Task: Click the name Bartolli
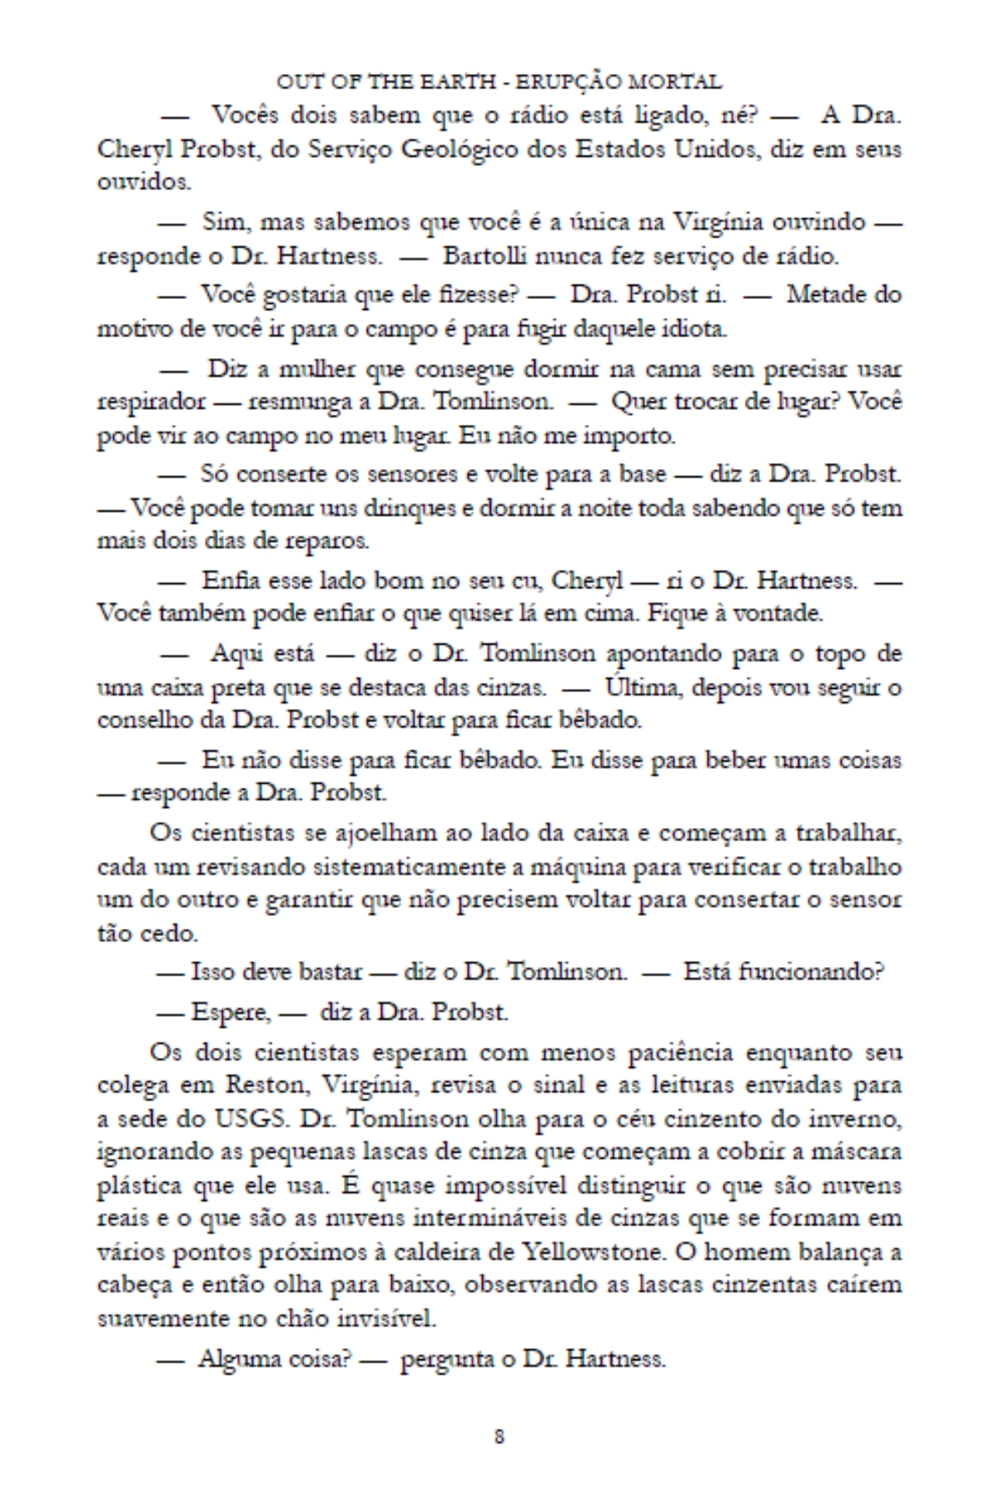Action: coord(477,256)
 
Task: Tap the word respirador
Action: coord(151,402)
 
